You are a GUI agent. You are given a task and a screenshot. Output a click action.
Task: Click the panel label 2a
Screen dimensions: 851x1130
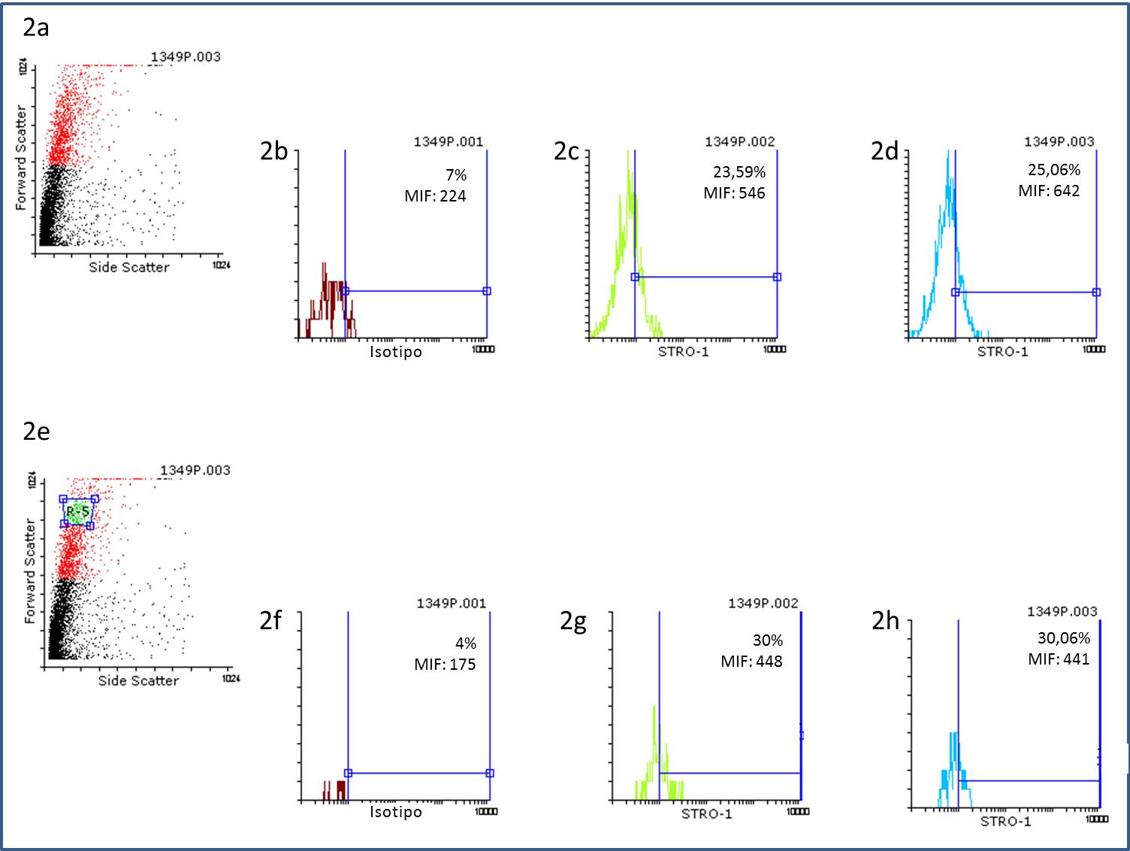tap(35, 28)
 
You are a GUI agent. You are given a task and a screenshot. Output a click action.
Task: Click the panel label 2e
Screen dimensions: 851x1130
tap(35, 432)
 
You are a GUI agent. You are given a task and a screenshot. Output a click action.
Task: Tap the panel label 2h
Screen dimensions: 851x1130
tap(885, 621)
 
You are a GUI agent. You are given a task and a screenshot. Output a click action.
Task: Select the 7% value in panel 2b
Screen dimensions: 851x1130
tap(456, 175)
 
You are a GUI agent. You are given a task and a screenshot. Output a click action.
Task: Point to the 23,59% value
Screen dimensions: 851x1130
tap(739, 172)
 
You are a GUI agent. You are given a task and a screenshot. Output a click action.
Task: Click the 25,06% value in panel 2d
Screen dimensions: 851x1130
tap(1054, 170)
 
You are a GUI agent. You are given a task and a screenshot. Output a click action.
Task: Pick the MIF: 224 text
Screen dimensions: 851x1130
tap(435, 196)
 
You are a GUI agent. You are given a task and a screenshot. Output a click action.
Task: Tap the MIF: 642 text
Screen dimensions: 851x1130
tap(1049, 191)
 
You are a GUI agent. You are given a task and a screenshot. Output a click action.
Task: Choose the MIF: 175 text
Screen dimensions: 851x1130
tap(445, 665)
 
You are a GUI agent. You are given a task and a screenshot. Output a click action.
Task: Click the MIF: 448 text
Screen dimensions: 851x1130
tap(751, 662)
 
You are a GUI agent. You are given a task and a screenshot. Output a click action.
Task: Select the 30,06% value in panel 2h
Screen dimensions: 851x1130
tap(1063, 638)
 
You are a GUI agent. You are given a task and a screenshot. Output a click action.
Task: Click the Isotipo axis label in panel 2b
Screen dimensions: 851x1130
tap(396, 352)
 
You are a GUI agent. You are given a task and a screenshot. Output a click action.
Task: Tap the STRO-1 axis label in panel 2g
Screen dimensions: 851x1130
tap(706, 814)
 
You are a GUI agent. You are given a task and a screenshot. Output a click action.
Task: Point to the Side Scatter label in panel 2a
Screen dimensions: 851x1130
tap(129, 267)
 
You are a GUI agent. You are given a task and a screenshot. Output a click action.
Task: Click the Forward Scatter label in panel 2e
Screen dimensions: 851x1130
tap(29, 571)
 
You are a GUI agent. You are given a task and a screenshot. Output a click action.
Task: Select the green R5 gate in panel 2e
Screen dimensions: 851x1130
tap(77, 512)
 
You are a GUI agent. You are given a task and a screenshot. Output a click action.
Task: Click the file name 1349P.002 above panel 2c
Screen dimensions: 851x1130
tap(739, 141)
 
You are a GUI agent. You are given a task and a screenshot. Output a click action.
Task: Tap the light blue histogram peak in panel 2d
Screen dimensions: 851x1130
tap(948, 195)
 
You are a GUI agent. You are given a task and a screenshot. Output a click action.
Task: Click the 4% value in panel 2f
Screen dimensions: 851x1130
tap(466, 644)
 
